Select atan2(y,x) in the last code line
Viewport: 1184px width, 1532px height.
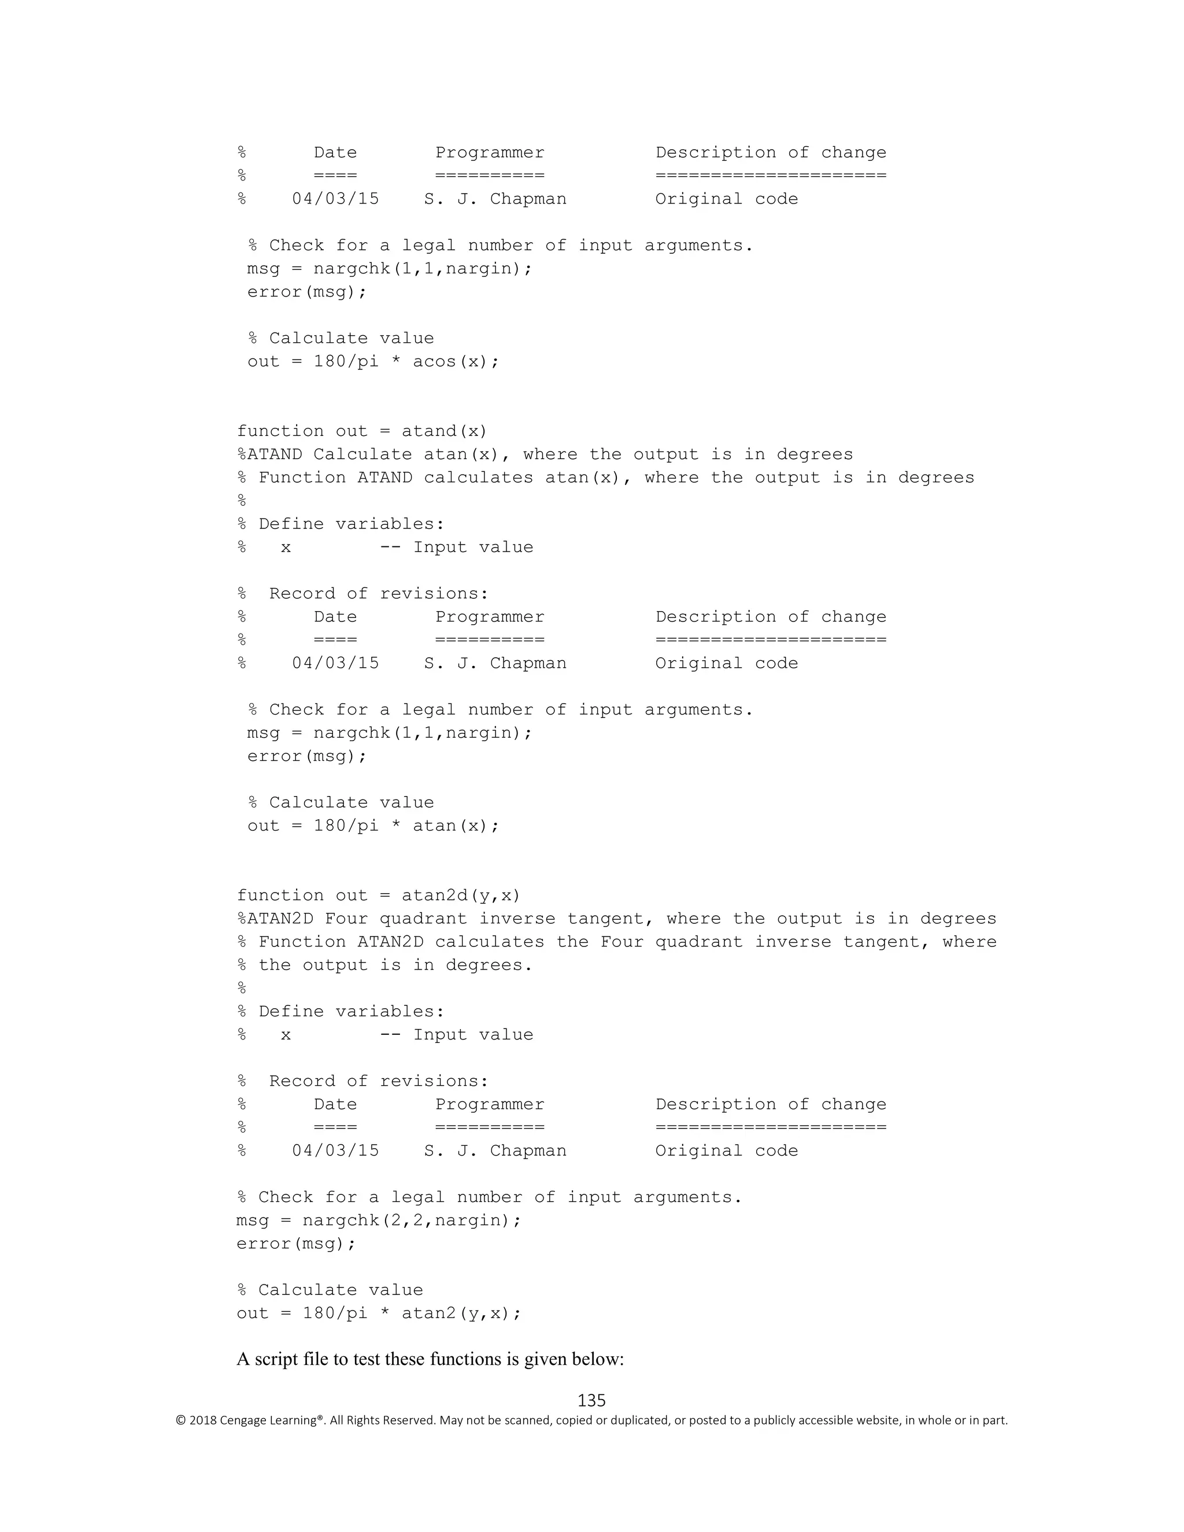pos(460,1313)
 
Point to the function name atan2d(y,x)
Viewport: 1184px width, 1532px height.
pos(461,895)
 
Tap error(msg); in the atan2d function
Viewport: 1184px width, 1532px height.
pos(296,1244)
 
